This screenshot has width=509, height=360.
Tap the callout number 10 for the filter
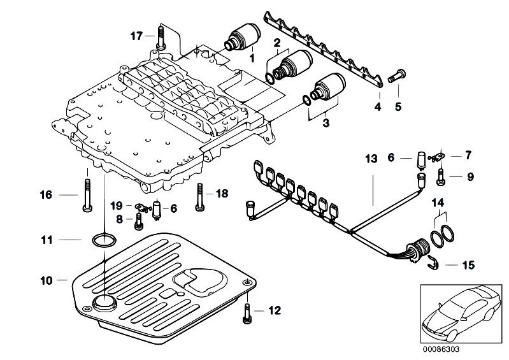45,279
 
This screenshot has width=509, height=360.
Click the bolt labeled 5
393,78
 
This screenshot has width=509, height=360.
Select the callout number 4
377,106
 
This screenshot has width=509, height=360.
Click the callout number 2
277,43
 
